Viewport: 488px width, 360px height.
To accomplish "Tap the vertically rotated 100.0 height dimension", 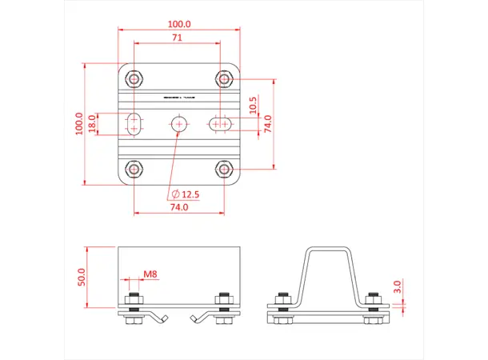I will [80, 123].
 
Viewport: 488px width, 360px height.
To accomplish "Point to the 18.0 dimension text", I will [93, 123].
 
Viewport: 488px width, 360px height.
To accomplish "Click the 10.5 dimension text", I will [253, 105].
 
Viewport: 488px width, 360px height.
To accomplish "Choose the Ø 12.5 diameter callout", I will [185, 194].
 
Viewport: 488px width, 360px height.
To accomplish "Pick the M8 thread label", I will [150, 274].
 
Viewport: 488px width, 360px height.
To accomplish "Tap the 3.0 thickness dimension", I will [398, 285].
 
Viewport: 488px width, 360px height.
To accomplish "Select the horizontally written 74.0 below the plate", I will [179, 207].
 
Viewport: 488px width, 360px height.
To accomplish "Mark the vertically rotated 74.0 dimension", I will [268, 123].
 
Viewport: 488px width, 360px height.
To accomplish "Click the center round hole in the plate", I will [179, 123].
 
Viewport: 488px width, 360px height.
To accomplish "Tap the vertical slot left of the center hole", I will [134, 123].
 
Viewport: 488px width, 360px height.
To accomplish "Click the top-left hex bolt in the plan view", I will [134, 78].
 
